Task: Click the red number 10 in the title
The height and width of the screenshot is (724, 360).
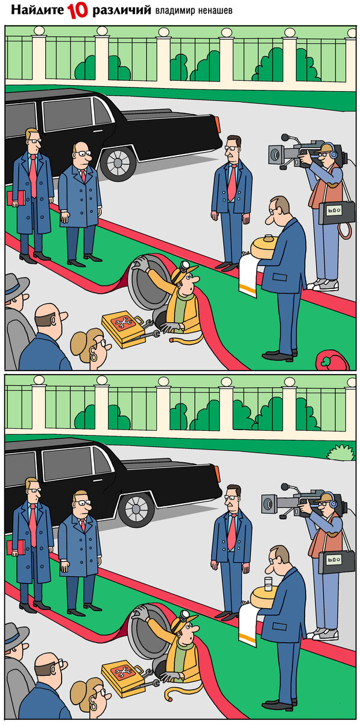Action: coord(78,10)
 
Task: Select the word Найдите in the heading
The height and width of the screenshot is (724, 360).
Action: coord(37,10)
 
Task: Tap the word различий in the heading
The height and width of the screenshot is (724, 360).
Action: coord(122,11)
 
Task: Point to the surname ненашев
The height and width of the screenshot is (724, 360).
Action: coord(213,11)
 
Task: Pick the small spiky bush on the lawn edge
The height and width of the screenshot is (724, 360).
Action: coord(341,452)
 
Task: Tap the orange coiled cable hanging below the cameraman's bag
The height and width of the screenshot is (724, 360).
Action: coord(345,230)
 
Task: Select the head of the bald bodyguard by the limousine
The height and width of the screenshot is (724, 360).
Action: coord(81,154)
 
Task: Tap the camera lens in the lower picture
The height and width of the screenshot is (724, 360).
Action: coord(268,504)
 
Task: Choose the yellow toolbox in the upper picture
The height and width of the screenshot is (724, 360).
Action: coord(123,329)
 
